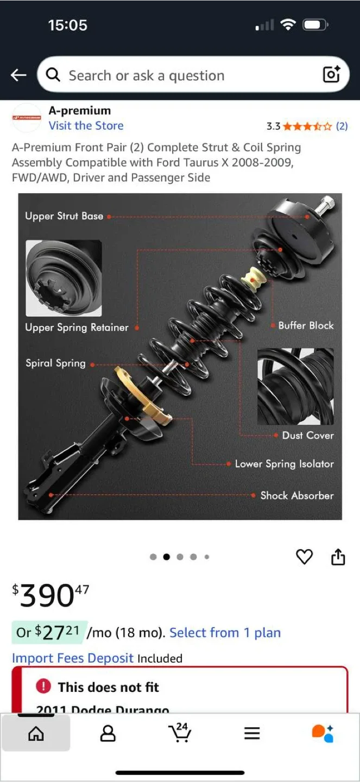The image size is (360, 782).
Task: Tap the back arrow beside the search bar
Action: coord(18,75)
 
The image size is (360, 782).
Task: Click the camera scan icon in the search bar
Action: coord(331,74)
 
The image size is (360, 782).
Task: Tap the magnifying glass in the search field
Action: coord(53,74)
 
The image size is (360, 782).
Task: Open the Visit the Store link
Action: coord(86,125)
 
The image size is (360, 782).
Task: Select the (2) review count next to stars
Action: coord(342,126)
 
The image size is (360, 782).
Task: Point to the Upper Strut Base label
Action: coord(64,216)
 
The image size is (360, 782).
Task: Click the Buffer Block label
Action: coord(306,325)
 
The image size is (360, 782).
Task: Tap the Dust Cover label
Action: coord(308,435)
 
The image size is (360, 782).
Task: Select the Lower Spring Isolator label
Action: coord(284,464)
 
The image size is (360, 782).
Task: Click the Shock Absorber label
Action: coord(296,495)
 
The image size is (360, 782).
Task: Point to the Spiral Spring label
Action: coord(55,363)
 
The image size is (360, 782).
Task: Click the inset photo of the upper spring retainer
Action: coord(64,278)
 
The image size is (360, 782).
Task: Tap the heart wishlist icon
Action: coord(304,557)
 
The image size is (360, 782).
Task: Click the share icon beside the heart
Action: coord(338,557)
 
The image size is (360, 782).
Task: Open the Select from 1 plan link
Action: coord(225,633)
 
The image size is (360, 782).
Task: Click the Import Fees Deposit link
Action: coord(73,658)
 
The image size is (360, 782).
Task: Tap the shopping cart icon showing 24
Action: coord(180,733)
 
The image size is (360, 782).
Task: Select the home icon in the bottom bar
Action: coord(36,734)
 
